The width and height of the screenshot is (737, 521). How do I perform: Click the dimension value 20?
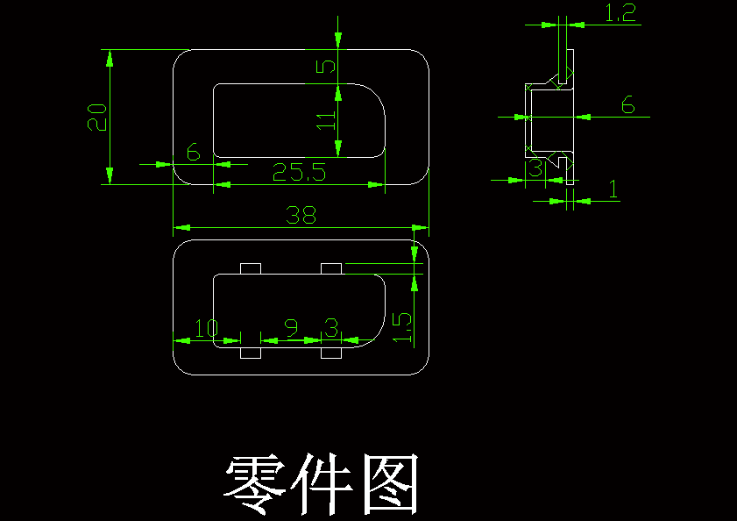97,117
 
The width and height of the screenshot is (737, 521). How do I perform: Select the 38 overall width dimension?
301,216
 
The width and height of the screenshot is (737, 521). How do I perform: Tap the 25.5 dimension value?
299,173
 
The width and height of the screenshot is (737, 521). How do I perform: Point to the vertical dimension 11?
326,120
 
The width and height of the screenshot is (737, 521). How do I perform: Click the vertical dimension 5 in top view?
326,68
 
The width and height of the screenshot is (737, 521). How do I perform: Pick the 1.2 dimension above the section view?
620,12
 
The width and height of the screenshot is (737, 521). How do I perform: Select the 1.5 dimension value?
403,326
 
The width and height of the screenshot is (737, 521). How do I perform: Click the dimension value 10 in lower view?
207,329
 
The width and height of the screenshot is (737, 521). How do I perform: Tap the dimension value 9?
291,329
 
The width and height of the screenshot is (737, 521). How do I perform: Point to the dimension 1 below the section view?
613,189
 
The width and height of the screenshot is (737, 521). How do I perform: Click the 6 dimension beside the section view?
627,105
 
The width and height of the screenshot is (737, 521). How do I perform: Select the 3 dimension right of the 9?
330,329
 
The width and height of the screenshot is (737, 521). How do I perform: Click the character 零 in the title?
254,485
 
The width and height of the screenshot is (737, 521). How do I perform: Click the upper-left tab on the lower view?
251,268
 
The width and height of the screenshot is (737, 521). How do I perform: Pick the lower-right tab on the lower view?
331,353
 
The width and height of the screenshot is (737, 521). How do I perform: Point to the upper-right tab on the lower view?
331,268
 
